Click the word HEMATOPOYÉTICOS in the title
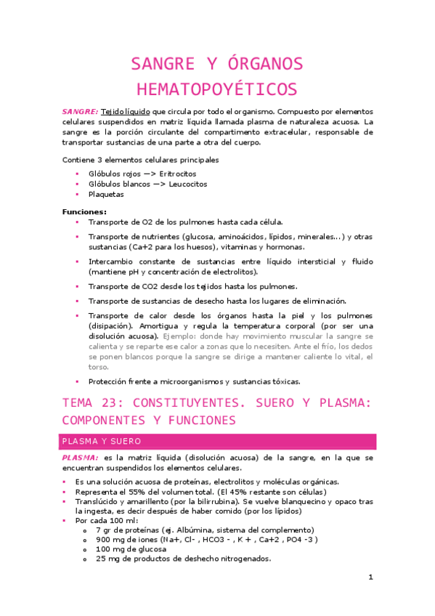(x=217, y=89)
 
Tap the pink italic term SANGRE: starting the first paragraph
(x=79, y=113)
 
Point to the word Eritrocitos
(x=178, y=174)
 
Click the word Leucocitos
(x=182, y=185)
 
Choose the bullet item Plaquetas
(x=106, y=195)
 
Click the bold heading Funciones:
(x=84, y=211)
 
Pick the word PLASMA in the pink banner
(x=80, y=442)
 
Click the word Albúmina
(x=200, y=530)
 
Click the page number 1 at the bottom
(x=370, y=577)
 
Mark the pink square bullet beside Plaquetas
(x=77, y=195)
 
